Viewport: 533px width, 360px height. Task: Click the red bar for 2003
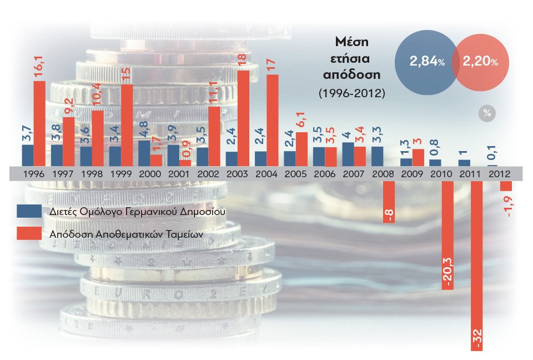(243, 118)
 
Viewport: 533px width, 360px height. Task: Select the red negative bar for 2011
(476, 261)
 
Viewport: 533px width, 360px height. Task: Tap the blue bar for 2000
(144, 153)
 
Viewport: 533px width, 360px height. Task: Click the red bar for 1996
(39, 123)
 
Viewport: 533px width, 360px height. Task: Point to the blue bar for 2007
(348, 154)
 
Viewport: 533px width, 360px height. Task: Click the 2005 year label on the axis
(295, 173)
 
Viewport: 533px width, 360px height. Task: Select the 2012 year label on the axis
(499, 173)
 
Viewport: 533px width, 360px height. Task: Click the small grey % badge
(487, 113)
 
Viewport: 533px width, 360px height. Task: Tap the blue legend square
(28, 211)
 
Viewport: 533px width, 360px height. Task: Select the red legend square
(28, 233)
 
